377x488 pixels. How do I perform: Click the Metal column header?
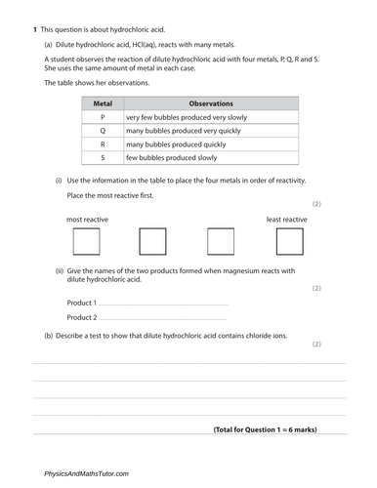coord(103,102)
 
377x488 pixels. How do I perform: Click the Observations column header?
coord(210,102)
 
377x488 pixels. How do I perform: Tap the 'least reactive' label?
coord(286,220)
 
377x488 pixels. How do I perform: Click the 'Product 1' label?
coord(81,303)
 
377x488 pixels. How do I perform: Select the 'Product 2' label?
coord(81,317)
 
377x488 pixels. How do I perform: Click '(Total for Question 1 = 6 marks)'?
coord(265,429)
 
